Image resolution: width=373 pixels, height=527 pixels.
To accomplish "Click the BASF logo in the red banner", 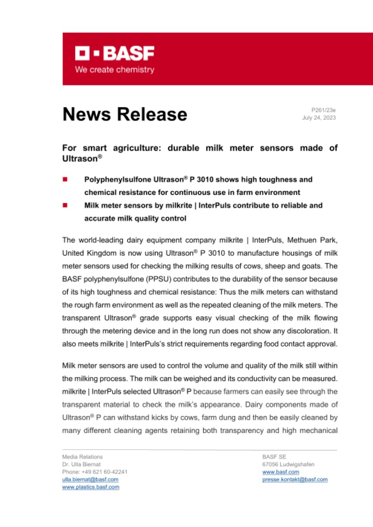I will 115,53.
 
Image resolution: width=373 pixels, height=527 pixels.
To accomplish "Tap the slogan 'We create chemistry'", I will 115,70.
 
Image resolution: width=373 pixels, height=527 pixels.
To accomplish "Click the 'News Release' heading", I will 124,114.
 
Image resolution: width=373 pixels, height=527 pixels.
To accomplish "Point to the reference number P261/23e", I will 324,110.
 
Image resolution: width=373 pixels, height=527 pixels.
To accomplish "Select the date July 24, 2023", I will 319,118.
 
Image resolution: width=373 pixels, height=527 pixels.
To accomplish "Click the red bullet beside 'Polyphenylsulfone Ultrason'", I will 65,180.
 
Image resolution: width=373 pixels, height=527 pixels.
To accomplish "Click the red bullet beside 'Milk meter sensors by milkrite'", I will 65,205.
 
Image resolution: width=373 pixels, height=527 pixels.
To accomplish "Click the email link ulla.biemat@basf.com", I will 90,479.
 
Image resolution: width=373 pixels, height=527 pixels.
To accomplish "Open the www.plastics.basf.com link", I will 91,487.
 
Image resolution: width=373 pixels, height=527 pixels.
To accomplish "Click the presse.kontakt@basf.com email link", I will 295,479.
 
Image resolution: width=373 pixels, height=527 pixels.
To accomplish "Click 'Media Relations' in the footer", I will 82,457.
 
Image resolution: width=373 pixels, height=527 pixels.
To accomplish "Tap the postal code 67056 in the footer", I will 270,464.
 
